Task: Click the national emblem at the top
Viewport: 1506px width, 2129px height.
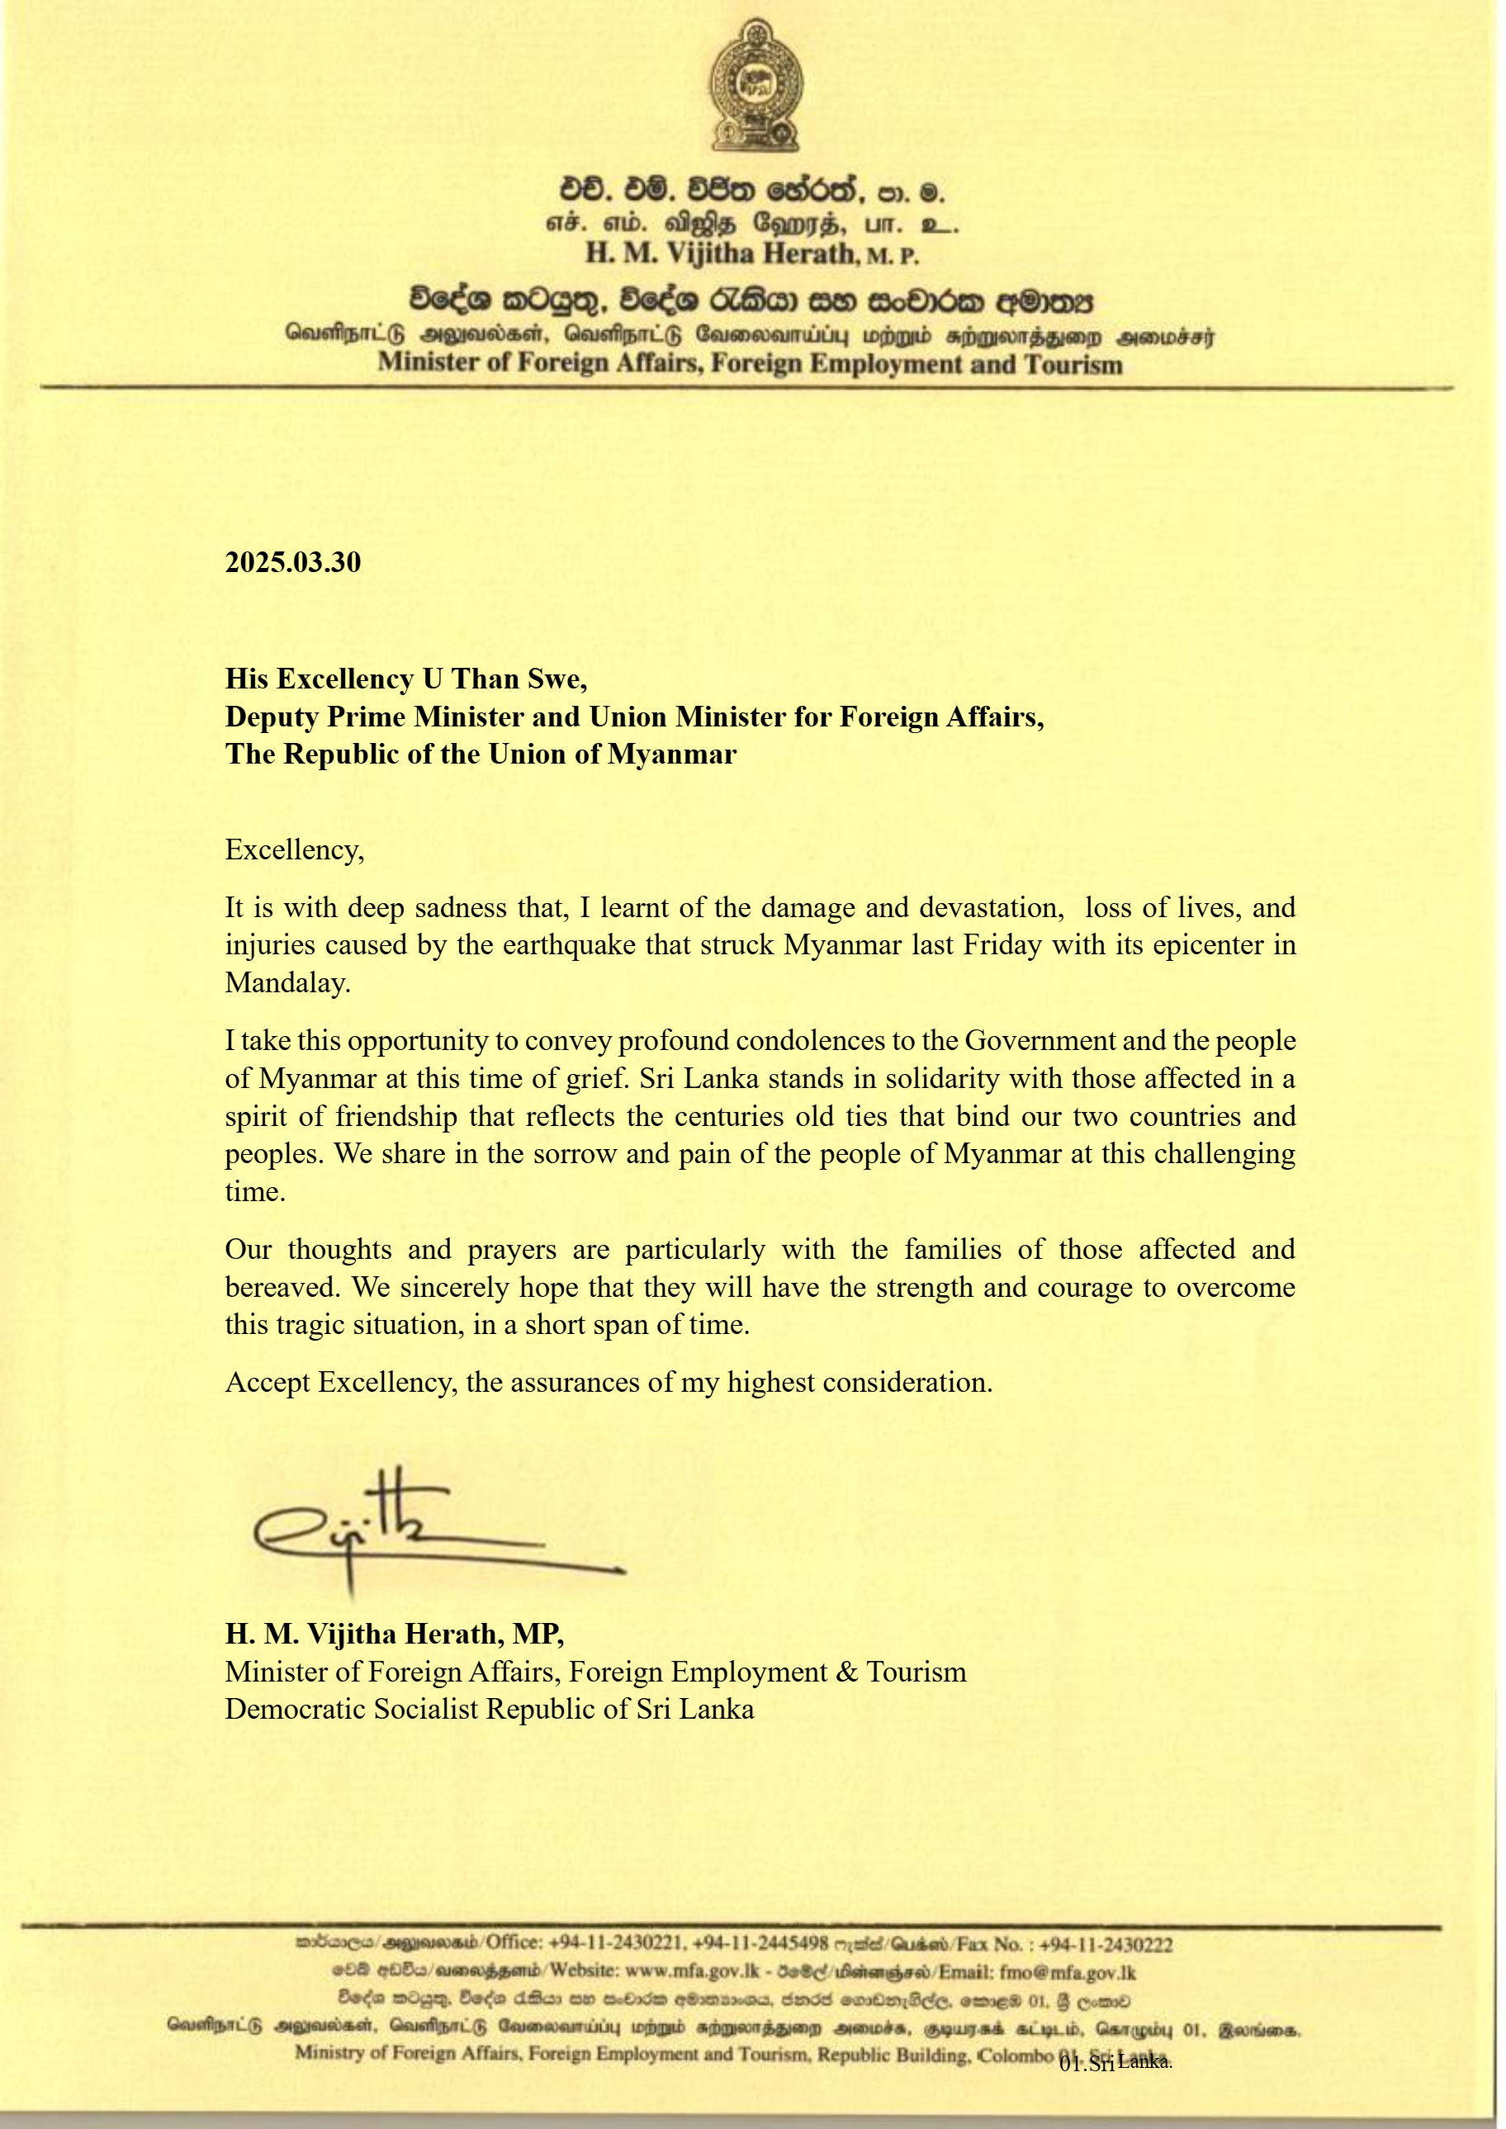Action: click(x=755, y=85)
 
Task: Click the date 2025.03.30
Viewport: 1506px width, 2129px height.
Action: click(x=293, y=563)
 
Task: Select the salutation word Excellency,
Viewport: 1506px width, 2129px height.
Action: click(x=295, y=850)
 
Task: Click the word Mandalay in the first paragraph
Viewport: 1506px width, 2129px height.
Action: click(x=287, y=983)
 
